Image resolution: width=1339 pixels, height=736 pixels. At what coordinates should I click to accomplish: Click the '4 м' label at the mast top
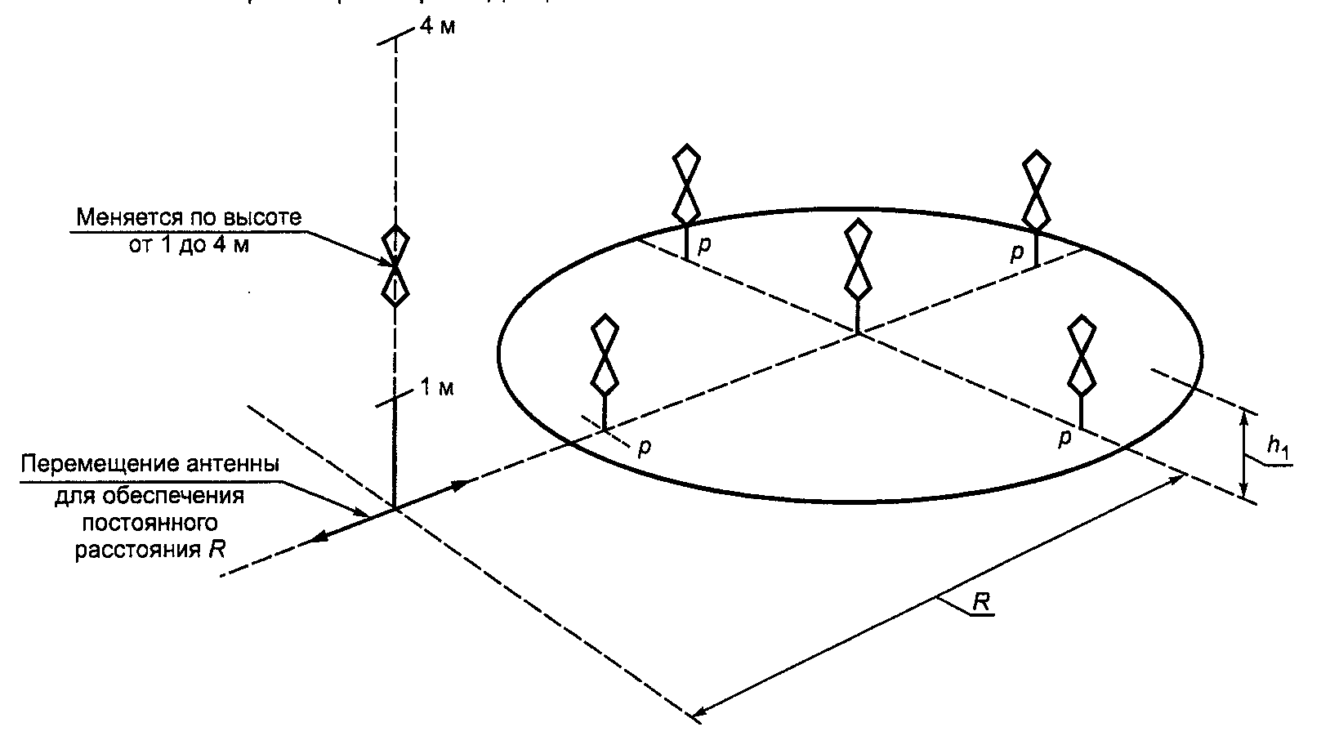coord(437,25)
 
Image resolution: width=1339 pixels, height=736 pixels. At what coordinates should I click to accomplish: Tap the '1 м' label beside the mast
coord(436,387)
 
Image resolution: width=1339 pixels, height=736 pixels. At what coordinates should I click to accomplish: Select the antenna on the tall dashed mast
coord(395,266)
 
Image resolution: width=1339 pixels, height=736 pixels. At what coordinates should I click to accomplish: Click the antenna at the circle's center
coord(857,261)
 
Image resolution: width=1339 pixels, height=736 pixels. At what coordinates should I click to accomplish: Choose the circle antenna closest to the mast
coord(604,355)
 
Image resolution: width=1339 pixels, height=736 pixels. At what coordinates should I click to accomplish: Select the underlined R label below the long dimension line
coord(981,602)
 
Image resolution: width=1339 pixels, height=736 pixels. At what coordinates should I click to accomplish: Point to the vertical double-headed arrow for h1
coord(1244,454)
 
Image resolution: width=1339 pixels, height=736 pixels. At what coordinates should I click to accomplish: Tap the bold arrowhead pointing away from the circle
coord(322,537)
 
